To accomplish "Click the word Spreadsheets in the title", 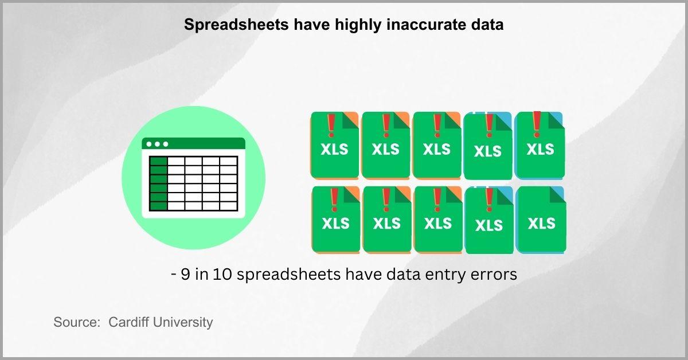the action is pos(236,25).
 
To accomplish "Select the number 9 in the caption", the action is pos(185,274).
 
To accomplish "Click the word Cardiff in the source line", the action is pos(129,322).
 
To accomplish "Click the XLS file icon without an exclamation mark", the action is pos(541,220).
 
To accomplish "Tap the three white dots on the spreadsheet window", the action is pos(157,144).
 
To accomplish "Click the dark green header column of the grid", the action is pos(158,183).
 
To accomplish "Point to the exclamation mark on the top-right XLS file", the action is pos(537,124).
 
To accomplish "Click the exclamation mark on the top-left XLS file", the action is pos(331,126).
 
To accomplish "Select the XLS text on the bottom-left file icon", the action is pos(336,224).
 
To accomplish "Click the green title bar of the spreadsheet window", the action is pos(194,143).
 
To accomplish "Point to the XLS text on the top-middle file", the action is pos(436,149).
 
